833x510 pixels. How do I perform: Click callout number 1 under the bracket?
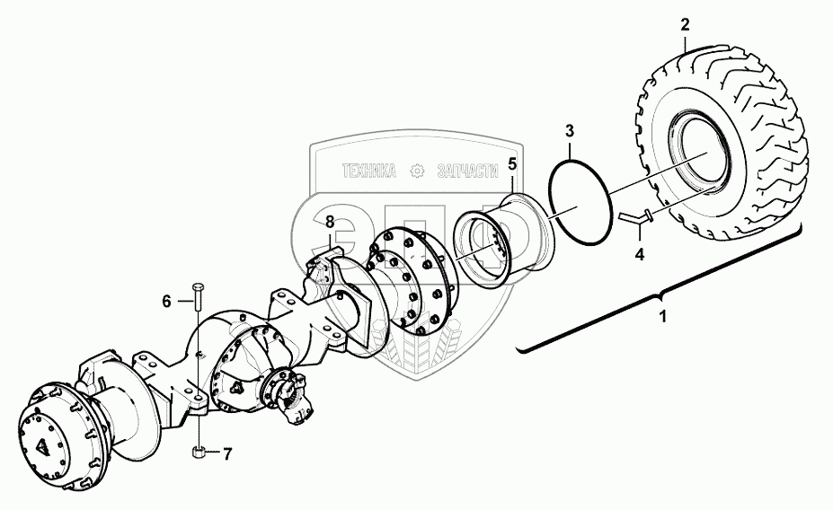663,318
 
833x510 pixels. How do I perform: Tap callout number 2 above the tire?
684,23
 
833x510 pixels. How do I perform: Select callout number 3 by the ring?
569,131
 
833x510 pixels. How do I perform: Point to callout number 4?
639,254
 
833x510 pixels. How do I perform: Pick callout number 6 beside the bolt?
166,302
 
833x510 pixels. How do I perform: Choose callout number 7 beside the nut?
227,454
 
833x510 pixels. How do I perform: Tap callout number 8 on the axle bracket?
330,221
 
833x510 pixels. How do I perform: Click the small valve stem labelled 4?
633,217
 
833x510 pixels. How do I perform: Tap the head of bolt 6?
198,288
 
